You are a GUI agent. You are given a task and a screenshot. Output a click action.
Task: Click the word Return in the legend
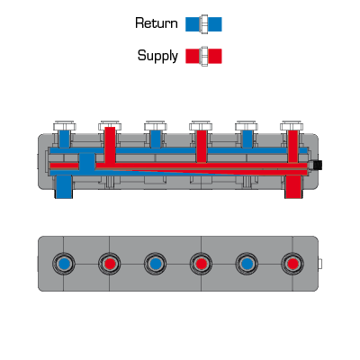click(157, 23)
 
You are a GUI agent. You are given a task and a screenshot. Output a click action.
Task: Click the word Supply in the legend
click(157, 56)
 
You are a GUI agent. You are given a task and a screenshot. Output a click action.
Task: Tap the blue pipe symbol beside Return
click(203, 24)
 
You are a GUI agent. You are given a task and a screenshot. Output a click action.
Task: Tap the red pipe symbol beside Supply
click(203, 56)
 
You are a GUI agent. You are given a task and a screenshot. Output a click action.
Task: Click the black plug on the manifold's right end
click(318, 165)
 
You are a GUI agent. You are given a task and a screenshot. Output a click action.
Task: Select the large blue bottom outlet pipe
click(64, 186)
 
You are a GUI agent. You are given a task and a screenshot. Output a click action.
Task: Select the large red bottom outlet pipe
click(293, 186)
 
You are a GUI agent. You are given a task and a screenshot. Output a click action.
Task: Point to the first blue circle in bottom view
click(64, 264)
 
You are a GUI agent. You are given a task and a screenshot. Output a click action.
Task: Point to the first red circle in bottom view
click(110, 264)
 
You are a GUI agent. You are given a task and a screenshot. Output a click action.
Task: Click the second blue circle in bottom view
click(155, 264)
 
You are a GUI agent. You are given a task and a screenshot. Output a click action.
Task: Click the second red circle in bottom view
click(201, 264)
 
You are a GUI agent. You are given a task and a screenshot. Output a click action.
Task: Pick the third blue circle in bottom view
click(247, 264)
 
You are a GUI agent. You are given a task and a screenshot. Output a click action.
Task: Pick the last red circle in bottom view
click(292, 264)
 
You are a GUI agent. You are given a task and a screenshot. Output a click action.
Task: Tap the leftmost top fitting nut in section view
click(65, 126)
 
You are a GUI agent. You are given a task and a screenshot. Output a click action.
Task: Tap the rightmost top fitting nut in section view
click(292, 126)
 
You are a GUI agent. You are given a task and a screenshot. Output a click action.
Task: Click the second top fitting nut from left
click(110, 126)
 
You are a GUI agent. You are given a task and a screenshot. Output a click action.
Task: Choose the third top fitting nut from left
click(156, 126)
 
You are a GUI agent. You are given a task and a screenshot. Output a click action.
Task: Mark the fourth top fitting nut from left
click(201, 126)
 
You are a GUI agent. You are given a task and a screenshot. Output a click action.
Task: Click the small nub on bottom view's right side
click(320, 264)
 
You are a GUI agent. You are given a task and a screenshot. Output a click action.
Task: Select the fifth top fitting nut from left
click(247, 126)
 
